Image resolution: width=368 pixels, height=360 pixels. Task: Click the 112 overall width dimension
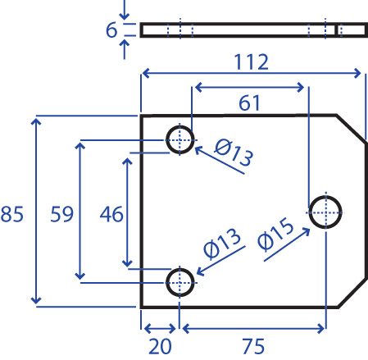[252, 62]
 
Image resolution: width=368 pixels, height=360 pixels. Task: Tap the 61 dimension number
[249, 103]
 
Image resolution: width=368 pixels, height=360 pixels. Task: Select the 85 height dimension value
[12, 214]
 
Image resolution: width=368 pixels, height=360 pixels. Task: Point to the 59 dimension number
[62, 214]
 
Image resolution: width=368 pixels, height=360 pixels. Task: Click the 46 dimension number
[111, 214]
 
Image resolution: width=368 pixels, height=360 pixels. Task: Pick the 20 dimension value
[160, 346]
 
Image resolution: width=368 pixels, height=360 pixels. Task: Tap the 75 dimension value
[253, 346]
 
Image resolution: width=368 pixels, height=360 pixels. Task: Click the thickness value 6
[111, 30]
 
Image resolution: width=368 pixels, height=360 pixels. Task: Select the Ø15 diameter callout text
[275, 235]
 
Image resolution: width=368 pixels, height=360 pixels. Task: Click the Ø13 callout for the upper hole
[234, 153]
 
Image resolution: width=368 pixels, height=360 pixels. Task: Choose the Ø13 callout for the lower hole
[222, 244]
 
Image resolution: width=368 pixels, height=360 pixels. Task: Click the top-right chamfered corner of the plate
[352, 129]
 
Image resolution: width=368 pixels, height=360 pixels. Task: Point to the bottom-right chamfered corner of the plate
[352, 293]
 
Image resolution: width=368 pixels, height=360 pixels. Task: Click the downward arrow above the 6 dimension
[125, 10]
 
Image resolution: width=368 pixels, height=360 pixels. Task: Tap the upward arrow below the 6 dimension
[125, 49]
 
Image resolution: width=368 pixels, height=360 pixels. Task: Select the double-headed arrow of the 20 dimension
[160, 329]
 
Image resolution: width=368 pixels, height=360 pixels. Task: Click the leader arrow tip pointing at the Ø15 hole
[310, 229]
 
